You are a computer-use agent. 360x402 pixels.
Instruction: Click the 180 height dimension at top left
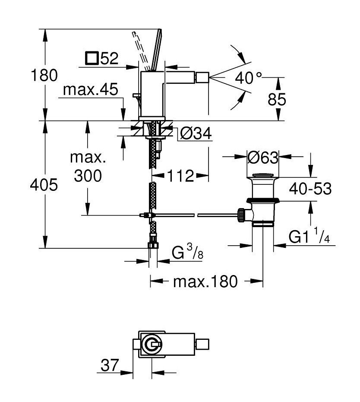(x=44, y=76)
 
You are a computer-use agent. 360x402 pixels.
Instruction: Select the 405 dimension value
(x=44, y=185)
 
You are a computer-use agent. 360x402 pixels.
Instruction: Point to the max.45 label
(x=91, y=89)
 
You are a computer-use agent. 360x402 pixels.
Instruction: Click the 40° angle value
(x=249, y=78)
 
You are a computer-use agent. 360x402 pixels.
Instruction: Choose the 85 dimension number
(x=277, y=99)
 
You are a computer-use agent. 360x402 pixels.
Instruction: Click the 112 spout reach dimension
(x=180, y=176)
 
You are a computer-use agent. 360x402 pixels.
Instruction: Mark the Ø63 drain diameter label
(x=263, y=158)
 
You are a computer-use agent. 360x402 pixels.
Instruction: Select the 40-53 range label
(x=310, y=189)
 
